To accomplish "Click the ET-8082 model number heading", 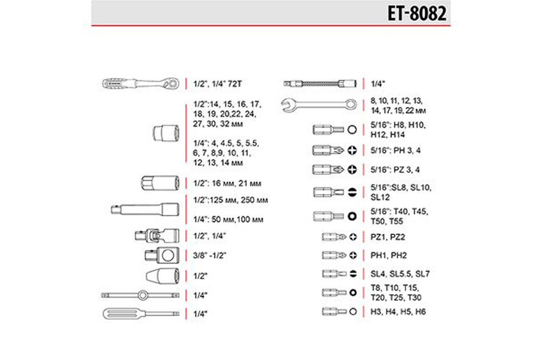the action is (417, 14).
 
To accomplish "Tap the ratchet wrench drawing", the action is (141, 84).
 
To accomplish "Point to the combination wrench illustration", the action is (319, 105).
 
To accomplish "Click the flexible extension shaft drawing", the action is (320, 84).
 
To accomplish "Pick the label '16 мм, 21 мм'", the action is (236, 184).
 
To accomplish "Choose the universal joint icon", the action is (157, 235).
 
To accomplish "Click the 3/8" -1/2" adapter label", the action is (210, 255).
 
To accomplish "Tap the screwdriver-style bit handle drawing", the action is (141, 314).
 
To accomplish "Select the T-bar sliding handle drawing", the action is (140, 295).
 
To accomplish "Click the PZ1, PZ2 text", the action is (387, 237).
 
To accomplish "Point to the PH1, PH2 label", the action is (389, 255).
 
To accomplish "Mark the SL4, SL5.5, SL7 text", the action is (400, 274).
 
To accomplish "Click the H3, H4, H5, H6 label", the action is (398, 312).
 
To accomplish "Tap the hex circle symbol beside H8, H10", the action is (352, 130).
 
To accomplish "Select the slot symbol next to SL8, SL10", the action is (352, 192).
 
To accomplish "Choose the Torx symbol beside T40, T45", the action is (352, 216).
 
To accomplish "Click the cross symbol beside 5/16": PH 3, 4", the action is (352, 150).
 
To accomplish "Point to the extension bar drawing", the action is (145, 210).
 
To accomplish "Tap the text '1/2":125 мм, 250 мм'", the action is (231, 200).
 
